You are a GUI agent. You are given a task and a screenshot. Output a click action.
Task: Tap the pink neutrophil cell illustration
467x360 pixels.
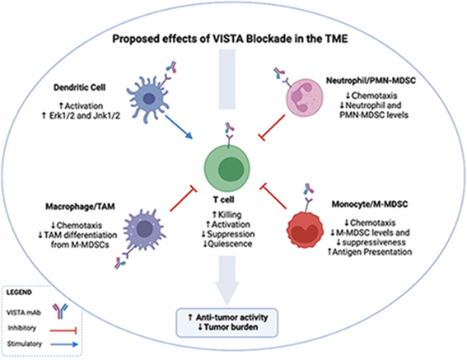[x=315, y=98]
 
